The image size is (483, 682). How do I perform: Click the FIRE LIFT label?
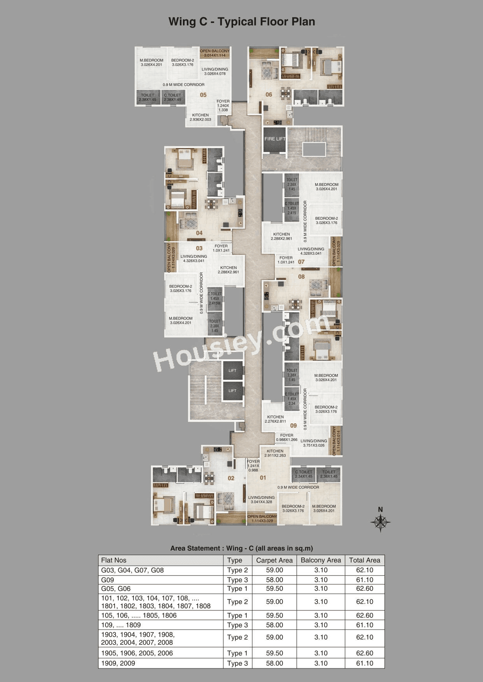coord(275,139)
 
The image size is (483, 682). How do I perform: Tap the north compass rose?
coord(380,522)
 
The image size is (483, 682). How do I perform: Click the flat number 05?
coord(203,95)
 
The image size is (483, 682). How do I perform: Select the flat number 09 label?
coord(293,425)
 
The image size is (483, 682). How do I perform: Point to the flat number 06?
coord(269,94)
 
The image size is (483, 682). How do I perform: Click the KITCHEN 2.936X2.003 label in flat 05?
coord(200,117)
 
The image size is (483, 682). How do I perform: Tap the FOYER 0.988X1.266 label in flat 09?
coord(286,437)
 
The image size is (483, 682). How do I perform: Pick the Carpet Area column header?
coord(274,560)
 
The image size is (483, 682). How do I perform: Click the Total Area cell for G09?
coord(364,580)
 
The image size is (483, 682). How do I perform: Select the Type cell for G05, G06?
coord(237,589)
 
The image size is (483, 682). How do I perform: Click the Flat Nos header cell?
coord(114,560)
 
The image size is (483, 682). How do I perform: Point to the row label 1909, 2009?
coord(118,663)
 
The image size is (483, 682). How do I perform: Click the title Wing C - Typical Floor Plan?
coord(241,22)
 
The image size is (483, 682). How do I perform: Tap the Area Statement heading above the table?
coord(241,548)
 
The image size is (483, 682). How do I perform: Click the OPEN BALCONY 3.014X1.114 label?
coord(214,53)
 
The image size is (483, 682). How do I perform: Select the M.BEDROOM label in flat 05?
coord(151,62)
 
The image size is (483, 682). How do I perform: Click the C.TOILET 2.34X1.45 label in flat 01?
coord(304,474)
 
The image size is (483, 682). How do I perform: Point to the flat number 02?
coord(231,478)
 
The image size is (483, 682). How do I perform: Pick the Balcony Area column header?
coord(320,560)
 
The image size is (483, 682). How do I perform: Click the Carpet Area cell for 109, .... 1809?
coord(274,625)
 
